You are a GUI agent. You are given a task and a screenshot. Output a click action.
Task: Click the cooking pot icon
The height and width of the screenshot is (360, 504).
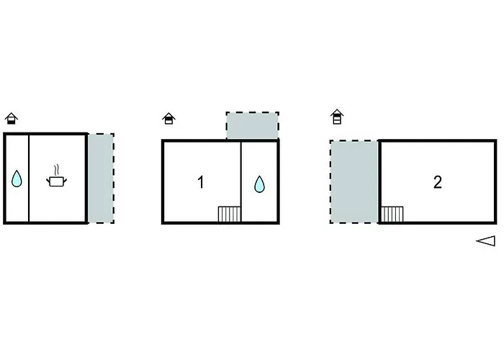tap(57, 181)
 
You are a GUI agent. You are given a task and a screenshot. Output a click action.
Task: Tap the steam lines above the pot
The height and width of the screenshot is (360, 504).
tap(57, 170)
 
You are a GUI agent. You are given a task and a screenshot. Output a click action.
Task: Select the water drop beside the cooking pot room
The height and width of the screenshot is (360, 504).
tap(17, 179)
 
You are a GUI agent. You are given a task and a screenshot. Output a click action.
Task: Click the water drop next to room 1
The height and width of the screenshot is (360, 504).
tap(259, 184)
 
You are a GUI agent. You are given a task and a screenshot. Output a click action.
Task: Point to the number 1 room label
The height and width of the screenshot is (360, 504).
tap(201, 182)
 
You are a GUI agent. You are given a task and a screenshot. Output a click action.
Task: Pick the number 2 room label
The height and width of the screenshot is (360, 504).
tap(438, 182)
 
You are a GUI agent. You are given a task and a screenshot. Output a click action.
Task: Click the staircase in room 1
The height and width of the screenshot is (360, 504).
tap(229, 214)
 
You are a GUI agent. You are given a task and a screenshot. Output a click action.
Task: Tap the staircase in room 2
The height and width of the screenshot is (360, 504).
tap(392, 214)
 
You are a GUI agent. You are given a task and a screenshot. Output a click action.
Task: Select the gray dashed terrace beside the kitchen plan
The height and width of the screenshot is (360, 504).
tap(101, 179)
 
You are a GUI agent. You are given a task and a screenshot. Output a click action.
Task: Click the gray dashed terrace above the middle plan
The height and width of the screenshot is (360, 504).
tap(252, 126)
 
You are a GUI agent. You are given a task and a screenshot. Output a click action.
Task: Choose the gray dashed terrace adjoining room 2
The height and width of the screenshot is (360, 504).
tap(354, 181)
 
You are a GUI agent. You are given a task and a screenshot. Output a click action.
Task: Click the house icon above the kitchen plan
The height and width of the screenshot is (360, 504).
tap(12, 118)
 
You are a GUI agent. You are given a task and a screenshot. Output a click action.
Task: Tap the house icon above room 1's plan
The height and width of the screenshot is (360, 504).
tap(168, 118)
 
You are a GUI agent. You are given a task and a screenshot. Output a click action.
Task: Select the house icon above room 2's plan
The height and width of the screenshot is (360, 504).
tap(337, 117)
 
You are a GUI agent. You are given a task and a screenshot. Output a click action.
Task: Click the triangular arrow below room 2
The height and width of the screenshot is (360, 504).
tap(486, 241)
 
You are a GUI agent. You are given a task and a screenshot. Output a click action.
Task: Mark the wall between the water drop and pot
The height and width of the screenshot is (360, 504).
tap(29, 179)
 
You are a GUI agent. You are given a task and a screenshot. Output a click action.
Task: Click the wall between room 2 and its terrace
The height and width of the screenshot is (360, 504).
tap(379, 181)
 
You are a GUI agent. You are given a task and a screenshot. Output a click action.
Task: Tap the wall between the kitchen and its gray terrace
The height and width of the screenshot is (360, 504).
tap(86, 179)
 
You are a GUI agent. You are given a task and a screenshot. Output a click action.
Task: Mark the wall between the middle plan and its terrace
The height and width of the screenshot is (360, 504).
tap(252, 140)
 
